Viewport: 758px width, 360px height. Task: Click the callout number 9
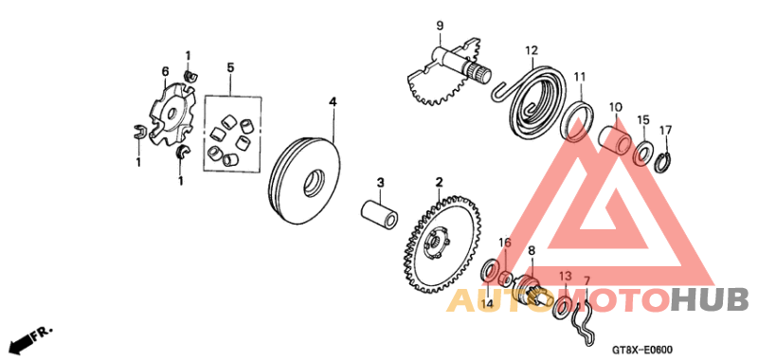click(x=440, y=25)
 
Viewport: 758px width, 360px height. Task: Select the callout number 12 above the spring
click(x=532, y=50)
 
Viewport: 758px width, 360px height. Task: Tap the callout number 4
click(x=333, y=100)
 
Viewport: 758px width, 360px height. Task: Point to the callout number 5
click(x=229, y=68)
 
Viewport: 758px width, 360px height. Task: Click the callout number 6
click(x=165, y=71)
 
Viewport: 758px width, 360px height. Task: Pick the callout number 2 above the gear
click(x=440, y=181)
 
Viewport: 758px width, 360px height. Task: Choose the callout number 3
click(x=379, y=182)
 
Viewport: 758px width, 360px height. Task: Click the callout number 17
click(x=665, y=131)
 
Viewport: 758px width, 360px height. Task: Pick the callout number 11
click(x=579, y=77)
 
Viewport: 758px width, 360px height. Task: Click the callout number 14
click(x=487, y=303)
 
